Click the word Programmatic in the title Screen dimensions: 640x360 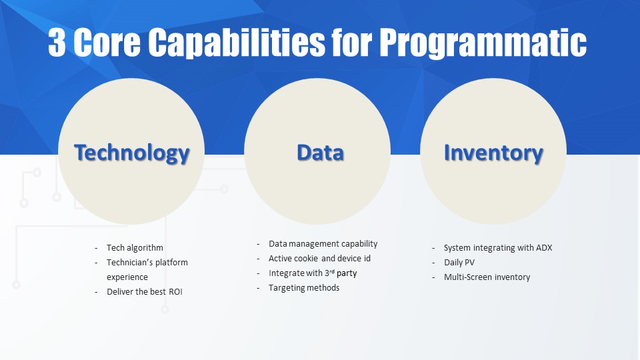(x=483, y=43)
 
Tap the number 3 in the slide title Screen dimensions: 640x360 (x=57, y=42)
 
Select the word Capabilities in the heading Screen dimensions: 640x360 (x=236, y=43)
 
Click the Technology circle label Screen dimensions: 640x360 (x=132, y=153)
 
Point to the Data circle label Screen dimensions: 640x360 (x=321, y=153)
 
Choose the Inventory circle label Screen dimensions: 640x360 (x=493, y=153)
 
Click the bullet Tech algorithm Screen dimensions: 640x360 (x=135, y=248)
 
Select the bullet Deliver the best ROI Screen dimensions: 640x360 (x=145, y=292)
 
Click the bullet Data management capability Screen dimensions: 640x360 (x=323, y=244)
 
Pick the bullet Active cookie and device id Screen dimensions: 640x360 (x=319, y=259)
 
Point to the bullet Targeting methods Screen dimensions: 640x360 (x=304, y=288)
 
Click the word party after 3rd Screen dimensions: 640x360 (x=347, y=273)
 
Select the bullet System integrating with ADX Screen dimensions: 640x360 (x=498, y=248)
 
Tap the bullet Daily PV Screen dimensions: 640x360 (x=459, y=263)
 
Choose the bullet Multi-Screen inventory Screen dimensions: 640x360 (x=487, y=277)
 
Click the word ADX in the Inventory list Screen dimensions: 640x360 (x=544, y=248)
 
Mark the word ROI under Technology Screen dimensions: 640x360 (x=175, y=292)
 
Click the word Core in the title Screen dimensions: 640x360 (x=107, y=42)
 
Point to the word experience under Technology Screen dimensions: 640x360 (x=127, y=277)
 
